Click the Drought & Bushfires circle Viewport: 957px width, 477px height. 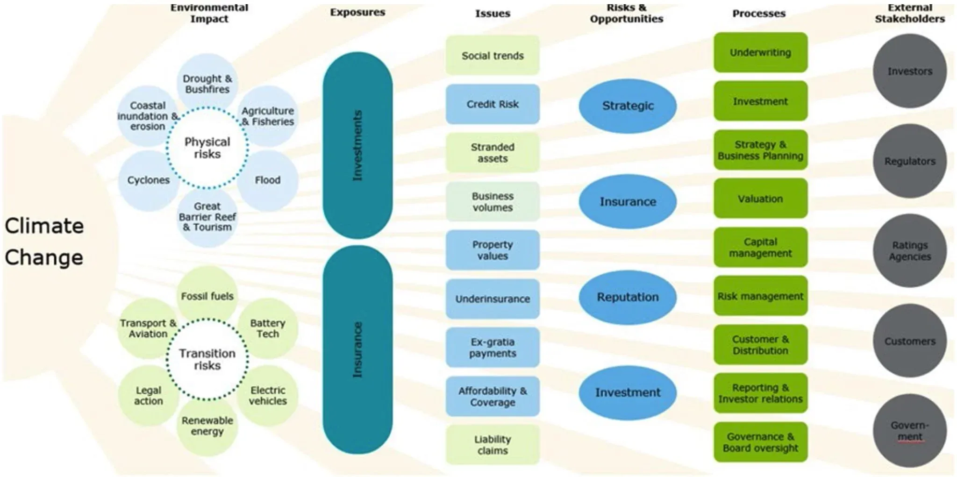(x=207, y=83)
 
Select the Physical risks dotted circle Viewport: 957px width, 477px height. (x=207, y=148)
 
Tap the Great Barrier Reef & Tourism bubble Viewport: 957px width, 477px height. (x=207, y=217)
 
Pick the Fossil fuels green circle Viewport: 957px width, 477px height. (x=207, y=296)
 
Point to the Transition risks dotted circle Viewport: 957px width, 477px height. (x=207, y=359)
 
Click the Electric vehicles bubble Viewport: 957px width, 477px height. (x=268, y=395)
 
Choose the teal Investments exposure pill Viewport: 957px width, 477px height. (x=357, y=145)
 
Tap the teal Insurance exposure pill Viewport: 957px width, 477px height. (x=357, y=349)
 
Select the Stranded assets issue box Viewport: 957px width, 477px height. (x=493, y=153)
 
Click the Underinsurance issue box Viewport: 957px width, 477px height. (x=493, y=299)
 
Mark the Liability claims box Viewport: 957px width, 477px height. (x=493, y=445)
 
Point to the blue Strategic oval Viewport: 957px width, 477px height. (x=628, y=106)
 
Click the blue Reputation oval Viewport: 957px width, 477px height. (x=628, y=297)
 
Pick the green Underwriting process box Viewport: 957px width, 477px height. (x=760, y=52)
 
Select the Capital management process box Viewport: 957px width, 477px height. (x=760, y=248)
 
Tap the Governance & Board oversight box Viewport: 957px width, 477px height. (x=760, y=442)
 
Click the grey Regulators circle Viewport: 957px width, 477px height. (x=909, y=161)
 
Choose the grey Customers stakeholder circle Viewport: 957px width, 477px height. (x=909, y=342)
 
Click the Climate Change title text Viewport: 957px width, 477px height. (x=44, y=242)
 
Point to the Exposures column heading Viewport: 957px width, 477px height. (x=357, y=13)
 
